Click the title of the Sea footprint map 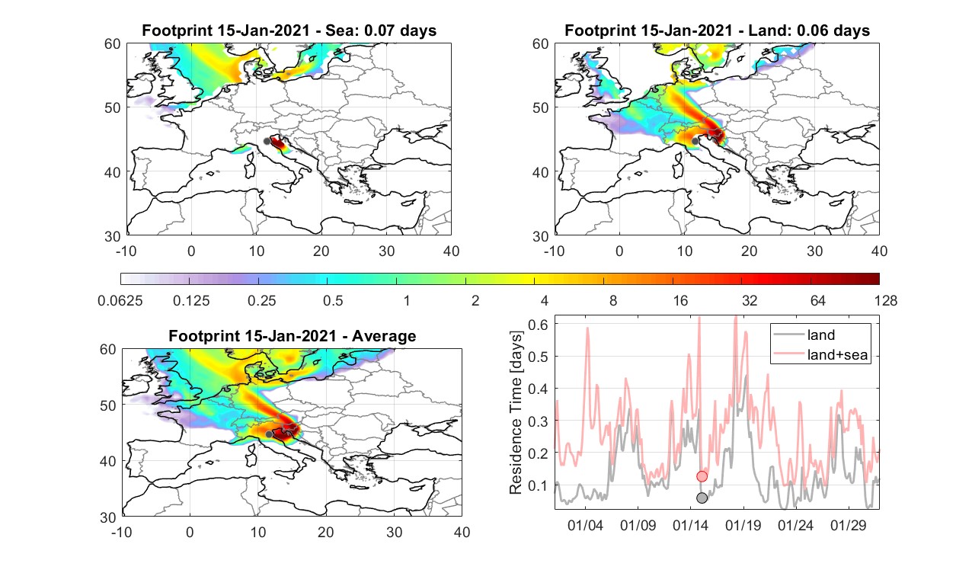pos(289,30)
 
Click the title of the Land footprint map pos(718,30)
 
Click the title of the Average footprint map pos(292,336)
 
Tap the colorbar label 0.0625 pos(120,300)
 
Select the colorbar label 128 pos(885,300)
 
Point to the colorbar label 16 pos(680,300)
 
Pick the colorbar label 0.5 pos(333,300)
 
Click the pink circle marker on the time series pos(702,476)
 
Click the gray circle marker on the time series pos(702,498)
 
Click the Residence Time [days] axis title pos(516,412)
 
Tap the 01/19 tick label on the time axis pos(743,525)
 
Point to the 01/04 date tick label pos(585,525)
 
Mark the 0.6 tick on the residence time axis pos(538,325)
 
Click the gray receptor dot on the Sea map pos(267,142)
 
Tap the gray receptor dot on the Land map pos(695,141)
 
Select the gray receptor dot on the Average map pos(269,434)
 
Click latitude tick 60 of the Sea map pos(112,44)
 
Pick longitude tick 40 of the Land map pos(879,251)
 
